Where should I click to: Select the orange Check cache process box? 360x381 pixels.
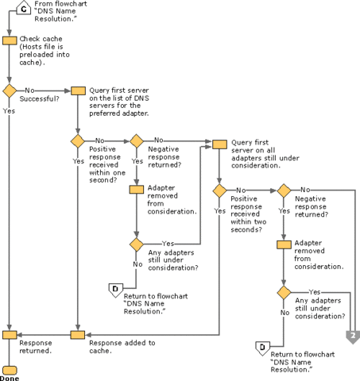10,40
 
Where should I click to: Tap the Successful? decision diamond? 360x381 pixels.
10,90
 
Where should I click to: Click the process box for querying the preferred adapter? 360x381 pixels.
78,90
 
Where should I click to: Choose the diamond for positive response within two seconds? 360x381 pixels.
219,191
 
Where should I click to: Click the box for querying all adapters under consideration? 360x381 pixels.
219,143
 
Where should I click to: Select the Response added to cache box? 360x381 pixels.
78,335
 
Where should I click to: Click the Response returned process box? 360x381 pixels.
10,335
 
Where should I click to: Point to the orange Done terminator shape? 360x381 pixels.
10,370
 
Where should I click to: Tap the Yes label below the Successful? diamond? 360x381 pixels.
9,111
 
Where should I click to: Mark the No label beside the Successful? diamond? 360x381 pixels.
29,90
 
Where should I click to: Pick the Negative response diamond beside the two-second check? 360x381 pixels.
282,191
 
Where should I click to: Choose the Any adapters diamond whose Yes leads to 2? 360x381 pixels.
282,293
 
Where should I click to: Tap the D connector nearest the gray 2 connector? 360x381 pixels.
259,346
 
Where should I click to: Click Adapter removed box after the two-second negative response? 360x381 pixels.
282,243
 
